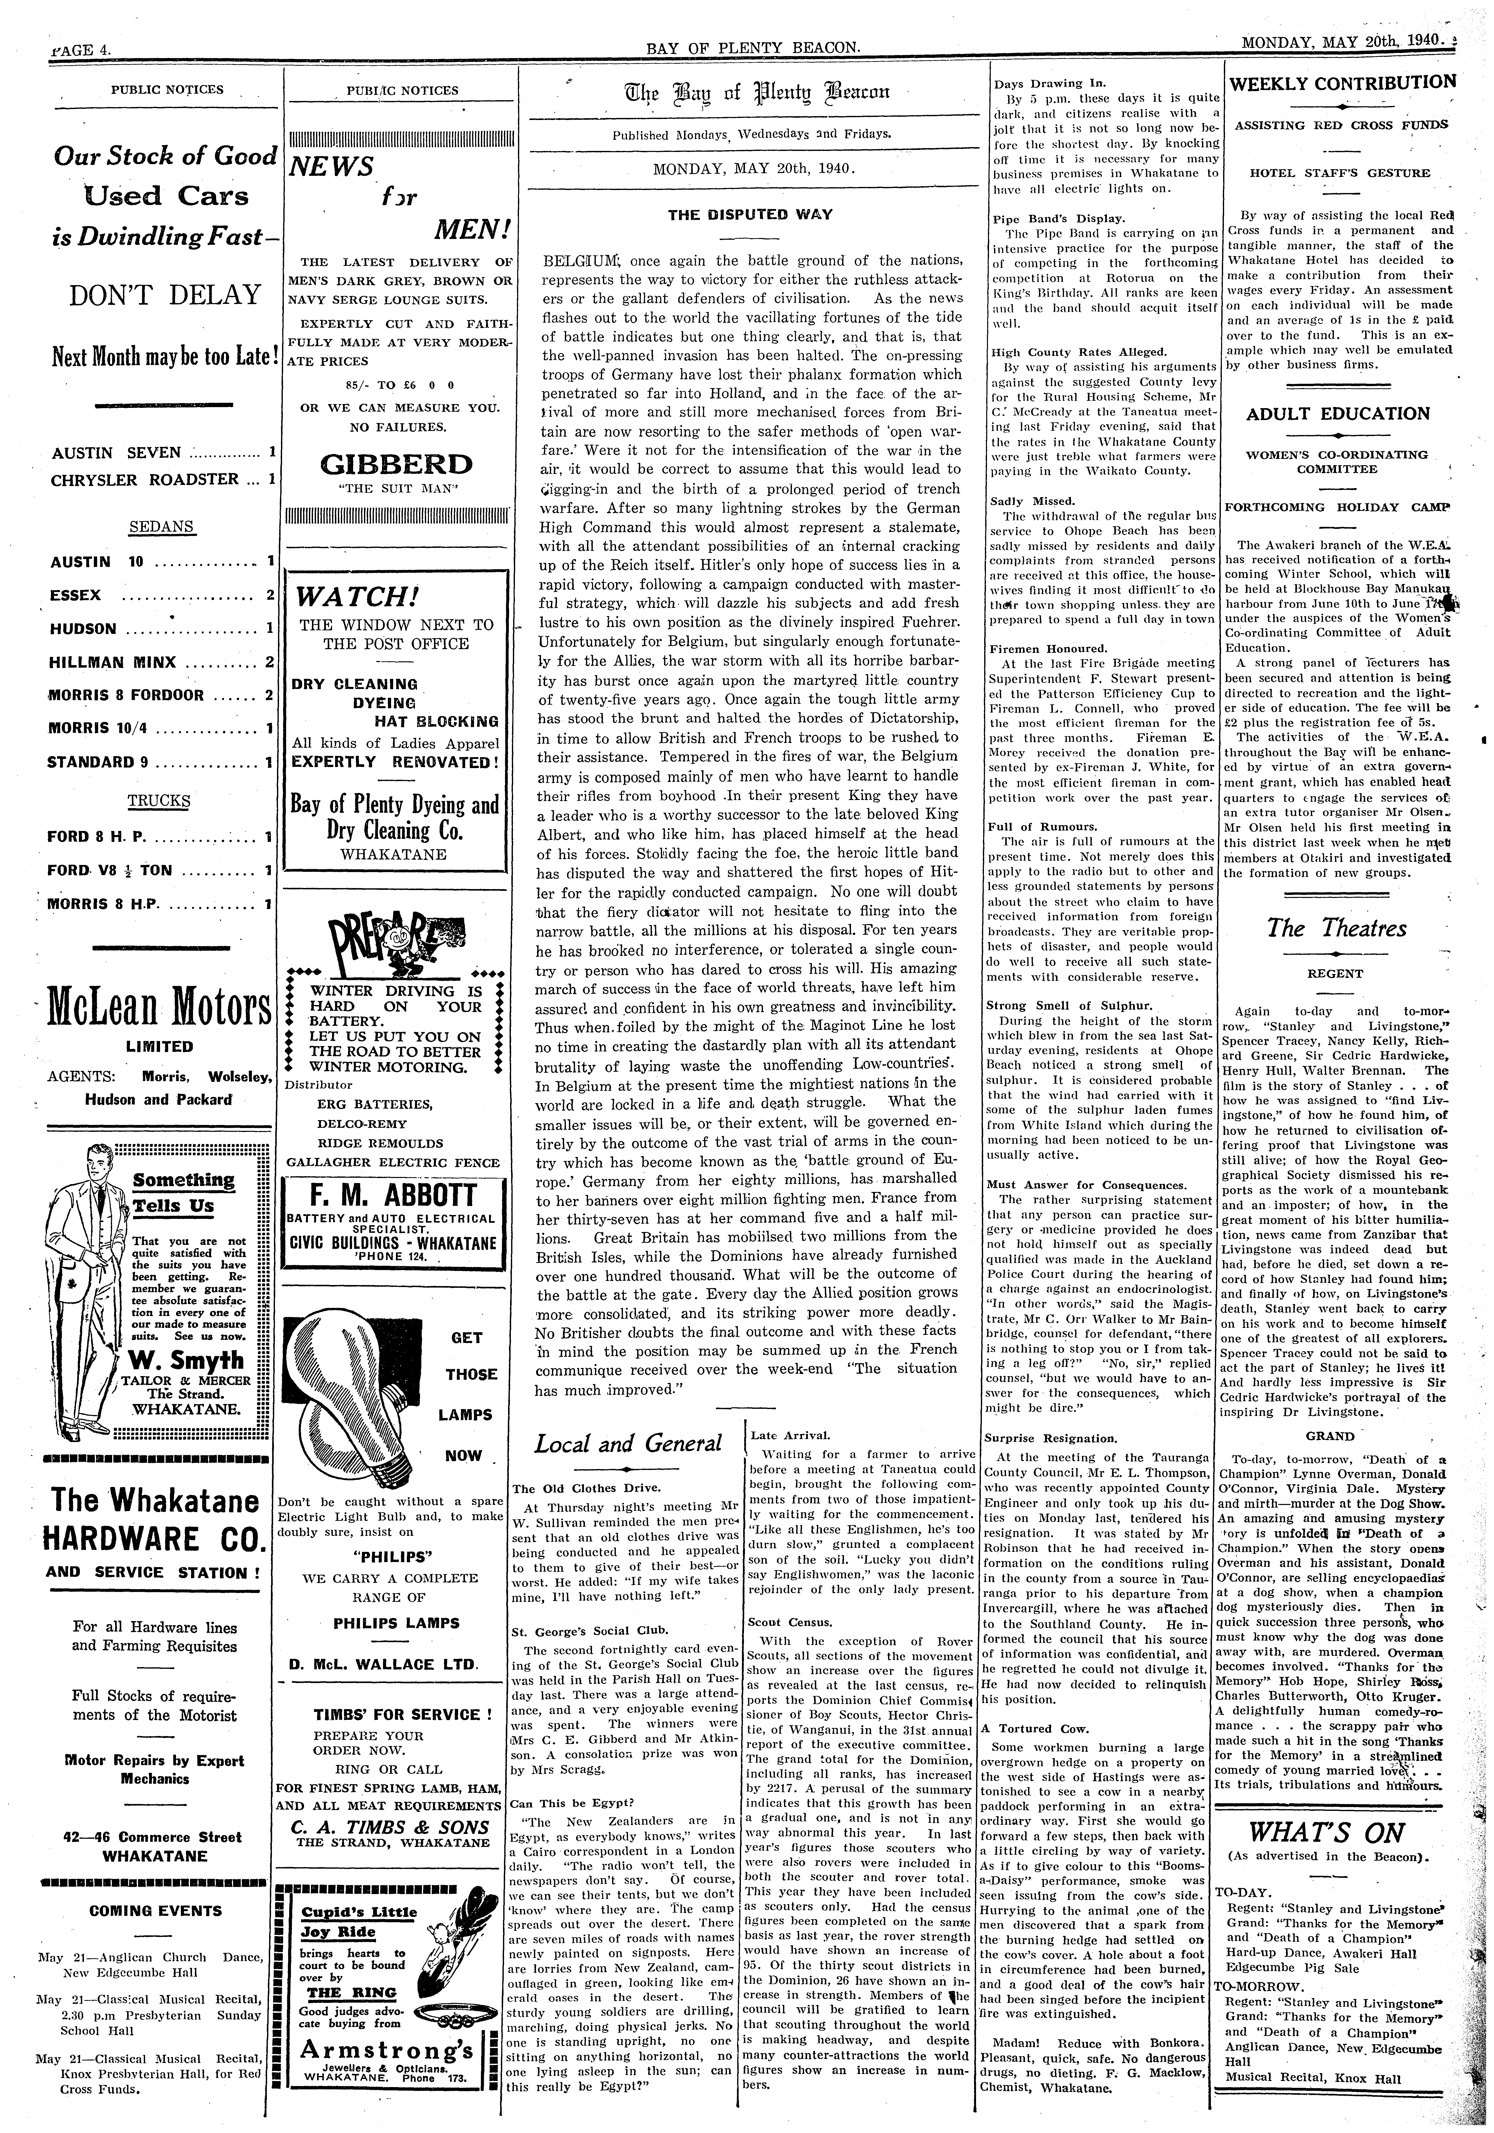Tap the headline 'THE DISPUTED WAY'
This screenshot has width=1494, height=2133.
point(751,215)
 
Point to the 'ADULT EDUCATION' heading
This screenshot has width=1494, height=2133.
point(1338,414)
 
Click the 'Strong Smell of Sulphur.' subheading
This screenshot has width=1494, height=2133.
point(1068,1006)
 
